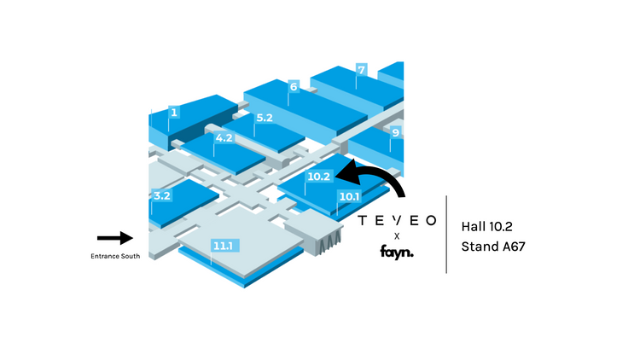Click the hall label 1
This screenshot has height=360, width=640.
tap(173, 112)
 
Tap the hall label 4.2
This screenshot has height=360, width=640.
tap(224, 138)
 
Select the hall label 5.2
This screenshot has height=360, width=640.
tap(264, 118)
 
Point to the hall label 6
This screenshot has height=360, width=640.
tap(293, 87)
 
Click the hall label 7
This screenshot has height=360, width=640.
tap(362, 69)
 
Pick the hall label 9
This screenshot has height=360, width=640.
tap(395, 132)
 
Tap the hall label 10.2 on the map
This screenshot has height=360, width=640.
tap(318, 177)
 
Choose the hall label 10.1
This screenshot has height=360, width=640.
tap(348, 196)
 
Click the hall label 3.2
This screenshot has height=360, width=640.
tap(162, 195)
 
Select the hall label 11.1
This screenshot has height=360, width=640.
tap(224, 246)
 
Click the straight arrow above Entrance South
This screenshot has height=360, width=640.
tap(115, 238)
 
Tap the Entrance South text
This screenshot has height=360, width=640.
tap(115, 256)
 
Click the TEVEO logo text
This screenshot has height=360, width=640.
tap(397, 220)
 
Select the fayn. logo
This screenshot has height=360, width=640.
tap(397, 252)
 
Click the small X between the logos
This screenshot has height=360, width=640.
tap(397, 235)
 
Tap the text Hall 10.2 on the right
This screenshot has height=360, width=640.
tap(492, 227)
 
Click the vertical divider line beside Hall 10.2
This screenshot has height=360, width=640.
tap(446, 234)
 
